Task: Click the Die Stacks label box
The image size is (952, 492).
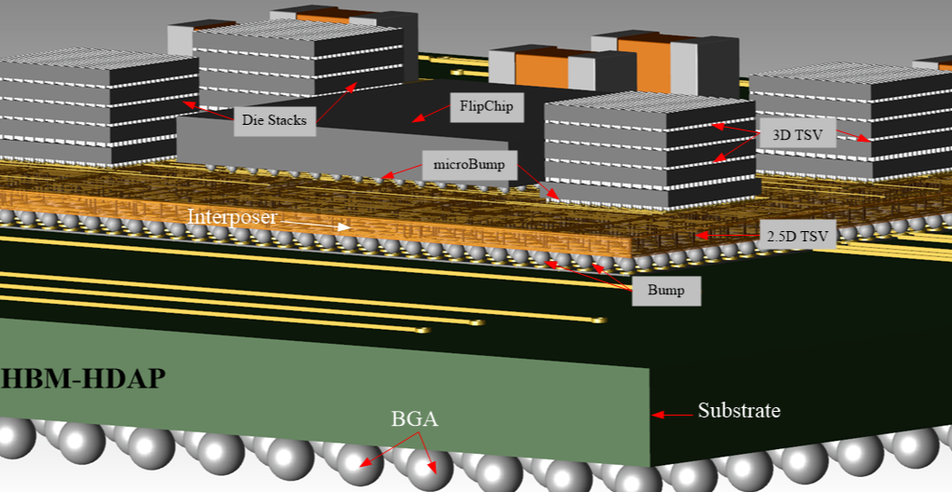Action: point(274,120)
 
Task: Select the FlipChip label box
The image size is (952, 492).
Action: point(486,106)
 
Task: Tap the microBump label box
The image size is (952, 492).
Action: point(468,166)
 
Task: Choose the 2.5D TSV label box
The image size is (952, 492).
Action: point(795,236)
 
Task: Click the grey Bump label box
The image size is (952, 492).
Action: point(666,291)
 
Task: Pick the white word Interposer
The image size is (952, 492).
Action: point(233,217)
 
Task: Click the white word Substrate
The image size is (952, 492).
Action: point(738,411)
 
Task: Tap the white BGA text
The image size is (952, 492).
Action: point(414,419)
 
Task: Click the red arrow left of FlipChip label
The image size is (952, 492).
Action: point(430,115)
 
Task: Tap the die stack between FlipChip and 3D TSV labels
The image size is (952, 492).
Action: point(643,154)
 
